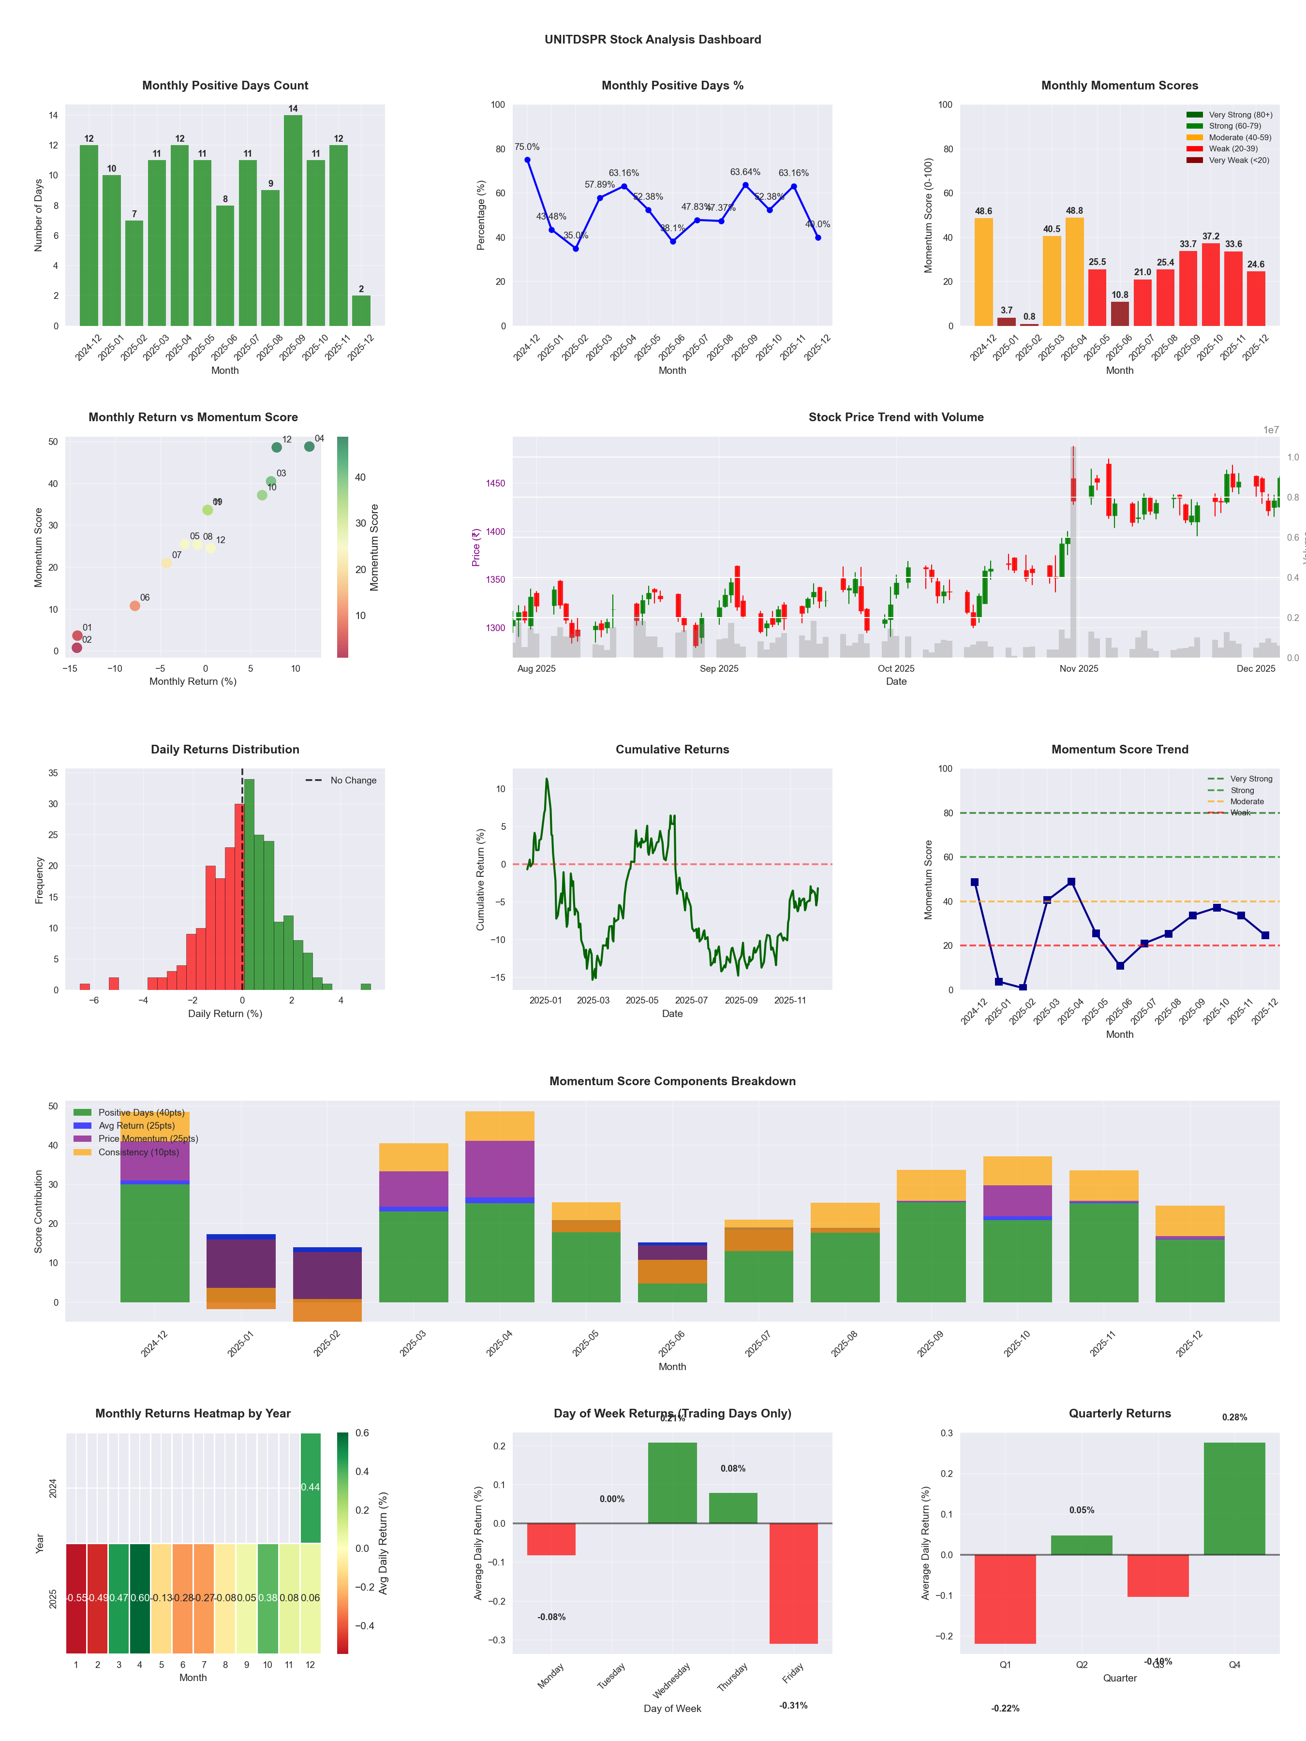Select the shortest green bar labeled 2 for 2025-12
[x=361, y=311]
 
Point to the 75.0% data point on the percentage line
[x=527, y=160]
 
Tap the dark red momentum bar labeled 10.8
[x=1119, y=313]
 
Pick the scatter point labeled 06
[x=134, y=606]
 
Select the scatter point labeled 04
[x=310, y=446]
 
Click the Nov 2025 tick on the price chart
[x=1079, y=668]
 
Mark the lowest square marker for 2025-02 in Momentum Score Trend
[x=1023, y=988]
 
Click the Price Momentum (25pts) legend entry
[x=147, y=1139]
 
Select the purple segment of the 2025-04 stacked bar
[x=499, y=1169]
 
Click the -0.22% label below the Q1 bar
[x=1005, y=1708]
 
